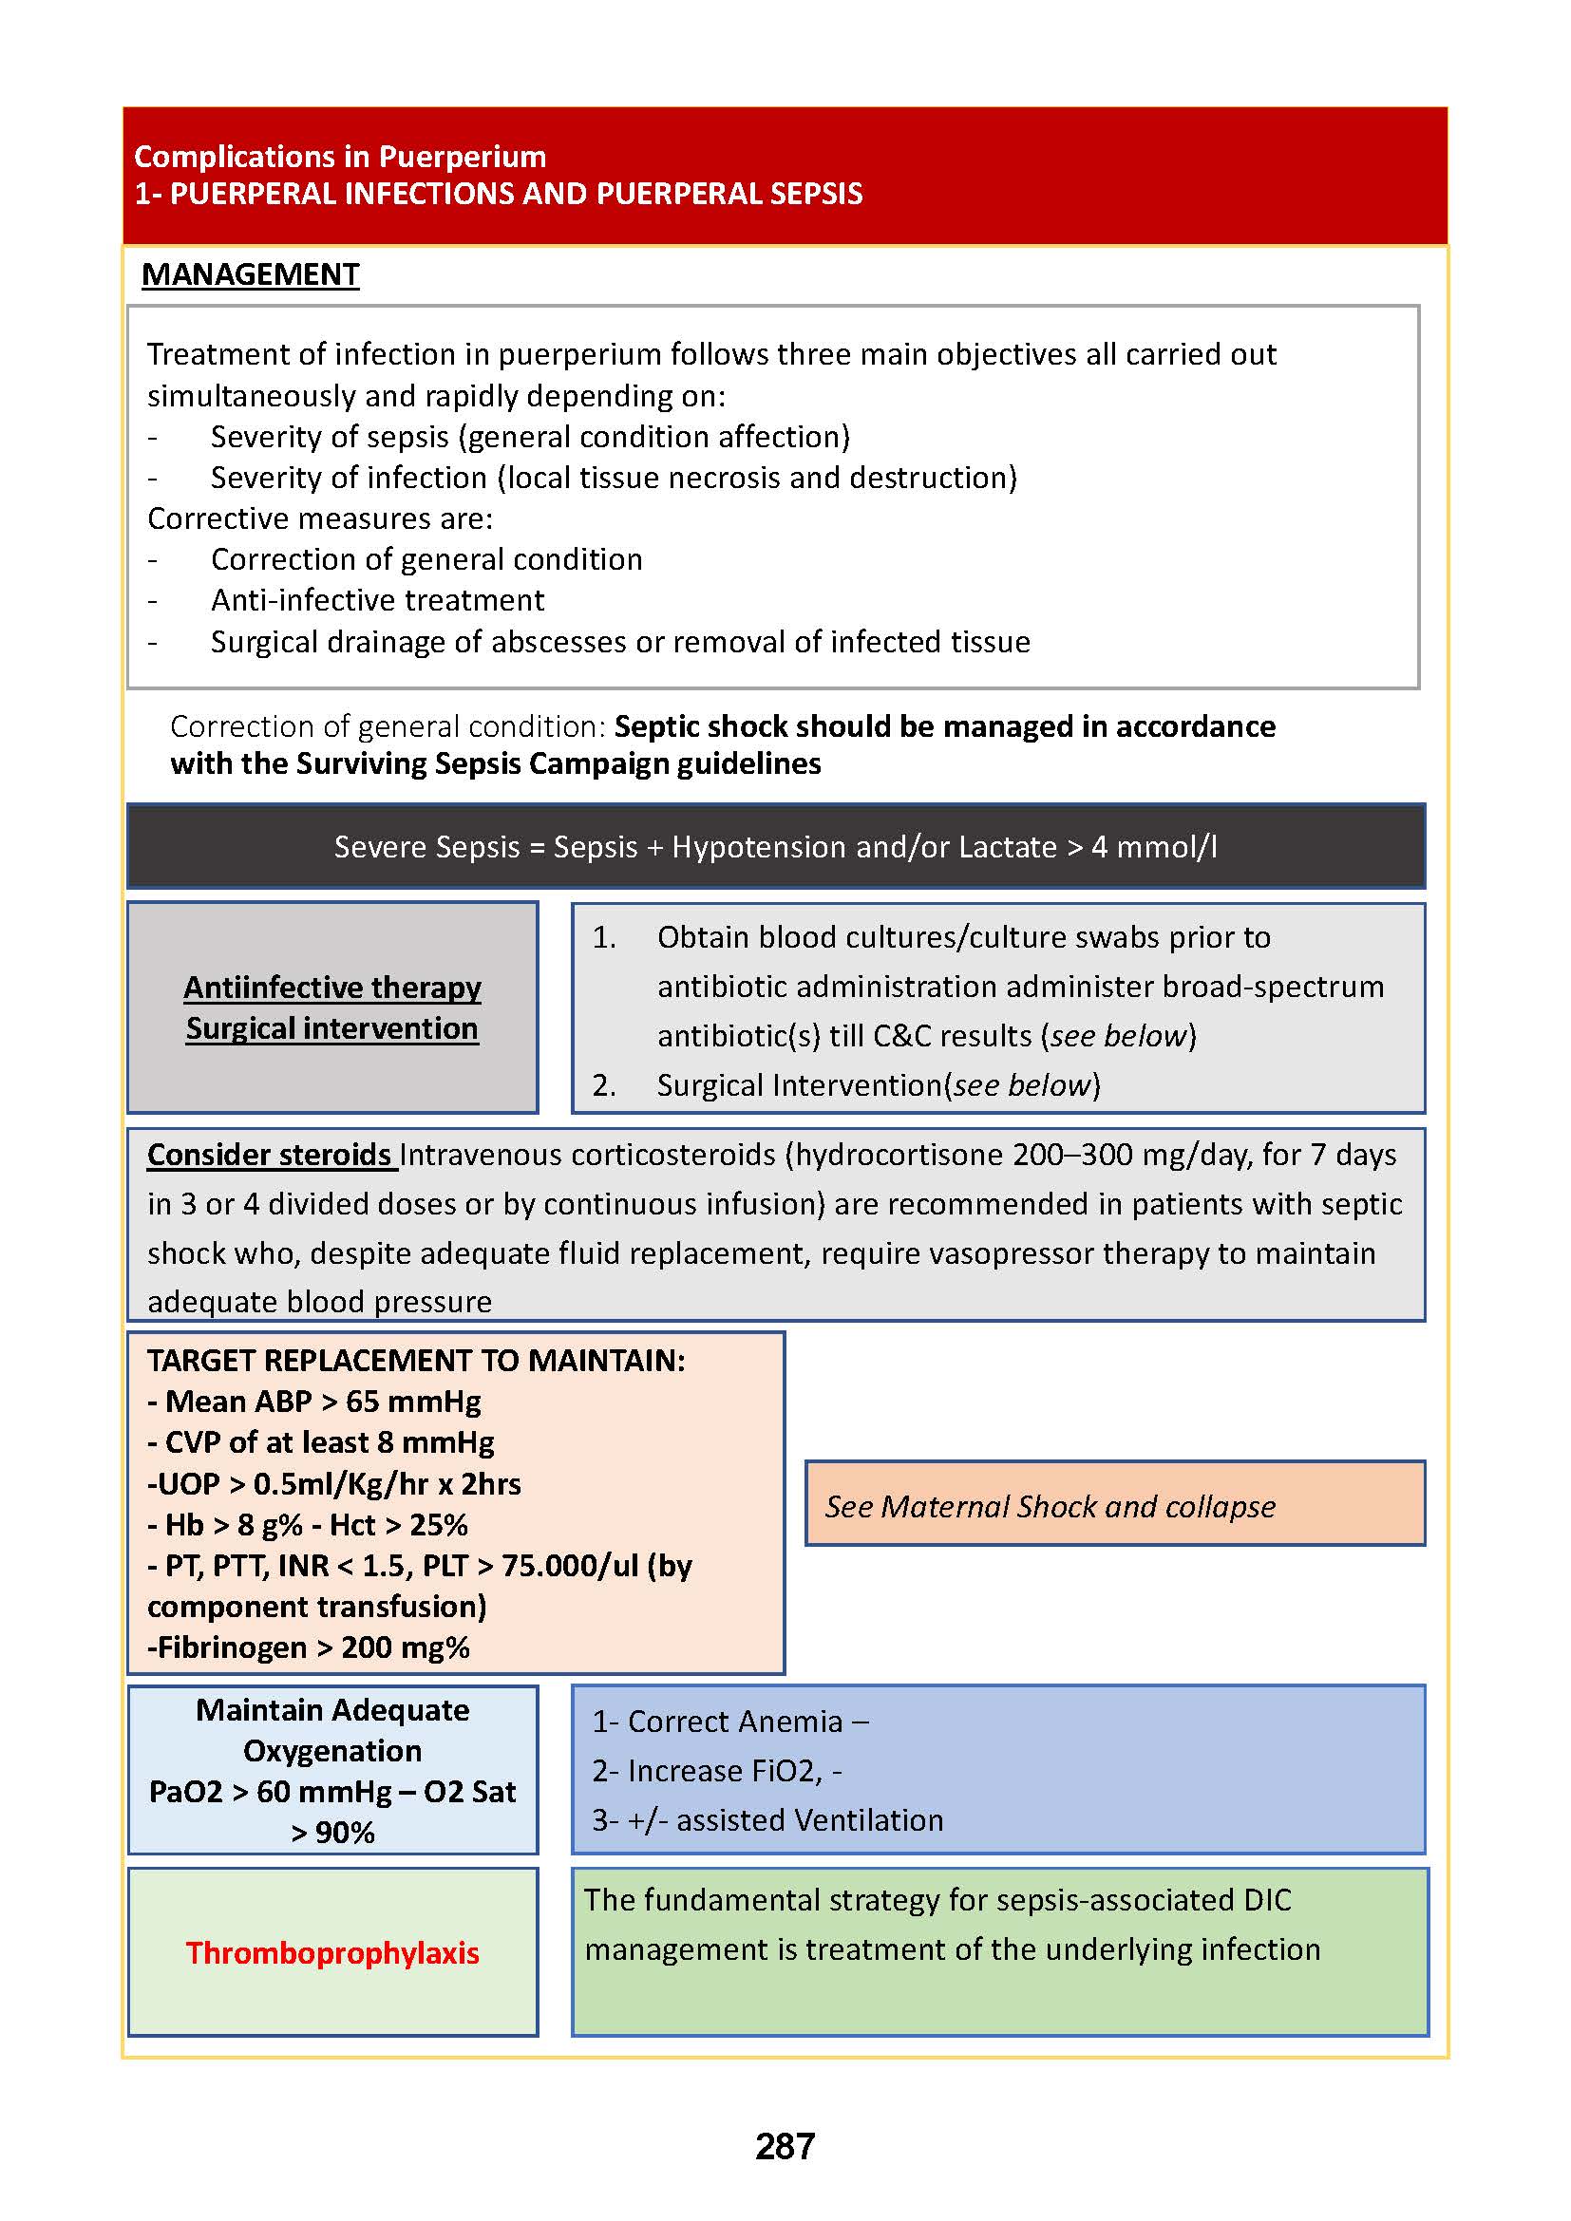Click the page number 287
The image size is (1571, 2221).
pyautogui.click(x=785, y=2146)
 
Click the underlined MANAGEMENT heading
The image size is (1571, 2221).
pyautogui.click(x=250, y=274)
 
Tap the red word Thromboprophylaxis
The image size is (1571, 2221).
pyautogui.click(x=331, y=1952)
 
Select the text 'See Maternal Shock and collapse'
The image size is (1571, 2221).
pyautogui.click(x=1050, y=1506)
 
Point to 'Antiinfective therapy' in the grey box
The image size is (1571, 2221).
pyautogui.click(x=331, y=987)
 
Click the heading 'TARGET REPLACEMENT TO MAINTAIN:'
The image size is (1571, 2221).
pyautogui.click(x=416, y=1360)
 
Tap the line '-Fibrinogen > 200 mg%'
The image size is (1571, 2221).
pyautogui.click(x=309, y=1647)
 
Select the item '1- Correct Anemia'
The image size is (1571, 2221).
pyautogui.click(x=730, y=1721)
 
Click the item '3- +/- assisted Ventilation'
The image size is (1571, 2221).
pyautogui.click(x=767, y=1819)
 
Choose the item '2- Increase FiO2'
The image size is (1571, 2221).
pyautogui.click(x=716, y=1770)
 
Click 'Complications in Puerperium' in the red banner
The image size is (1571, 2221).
pyautogui.click(x=339, y=157)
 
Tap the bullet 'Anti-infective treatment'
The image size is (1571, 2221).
pyautogui.click(x=377, y=600)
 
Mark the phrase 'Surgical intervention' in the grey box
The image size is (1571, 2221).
pyautogui.click(x=331, y=1028)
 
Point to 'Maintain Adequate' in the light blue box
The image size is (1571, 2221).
pyautogui.click(x=331, y=1710)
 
